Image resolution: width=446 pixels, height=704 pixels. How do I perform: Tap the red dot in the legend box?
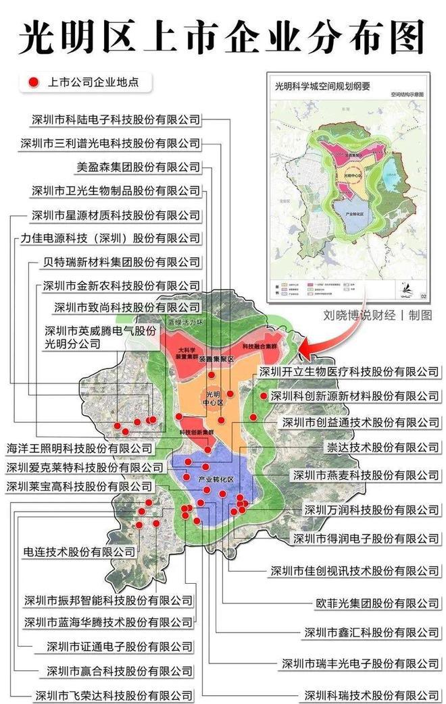[32, 83]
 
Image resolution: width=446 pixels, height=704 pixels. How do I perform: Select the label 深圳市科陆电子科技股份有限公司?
[116, 119]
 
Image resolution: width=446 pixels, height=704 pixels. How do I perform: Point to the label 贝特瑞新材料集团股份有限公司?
[121, 262]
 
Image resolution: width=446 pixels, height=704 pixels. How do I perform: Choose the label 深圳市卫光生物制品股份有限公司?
[116, 191]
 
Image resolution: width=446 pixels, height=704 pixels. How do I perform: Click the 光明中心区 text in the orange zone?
[214, 398]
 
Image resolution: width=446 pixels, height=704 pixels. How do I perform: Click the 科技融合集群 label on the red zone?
[260, 346]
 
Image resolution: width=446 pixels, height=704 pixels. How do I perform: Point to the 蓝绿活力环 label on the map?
[185, 323]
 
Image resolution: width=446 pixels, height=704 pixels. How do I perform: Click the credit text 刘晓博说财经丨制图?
[378, 315]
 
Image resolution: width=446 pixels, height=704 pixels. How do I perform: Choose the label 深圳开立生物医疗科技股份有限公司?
[349, 372]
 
